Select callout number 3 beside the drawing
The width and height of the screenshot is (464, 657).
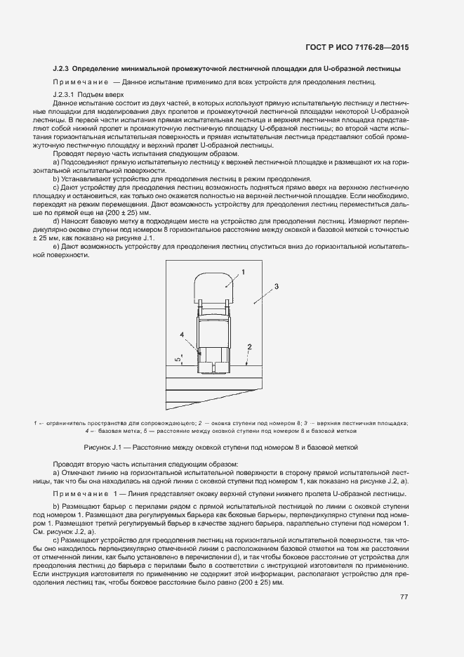point(277,287)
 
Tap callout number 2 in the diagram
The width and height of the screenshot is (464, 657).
point(248,347)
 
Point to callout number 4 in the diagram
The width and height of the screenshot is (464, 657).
point(182,336)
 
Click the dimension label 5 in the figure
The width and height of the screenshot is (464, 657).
point(178,359)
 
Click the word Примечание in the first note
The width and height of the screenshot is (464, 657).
point(79,82)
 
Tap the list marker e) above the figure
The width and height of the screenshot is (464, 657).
point(56,247)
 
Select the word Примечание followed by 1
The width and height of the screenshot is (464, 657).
point(84,495)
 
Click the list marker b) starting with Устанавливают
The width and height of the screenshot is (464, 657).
point(56,179)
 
